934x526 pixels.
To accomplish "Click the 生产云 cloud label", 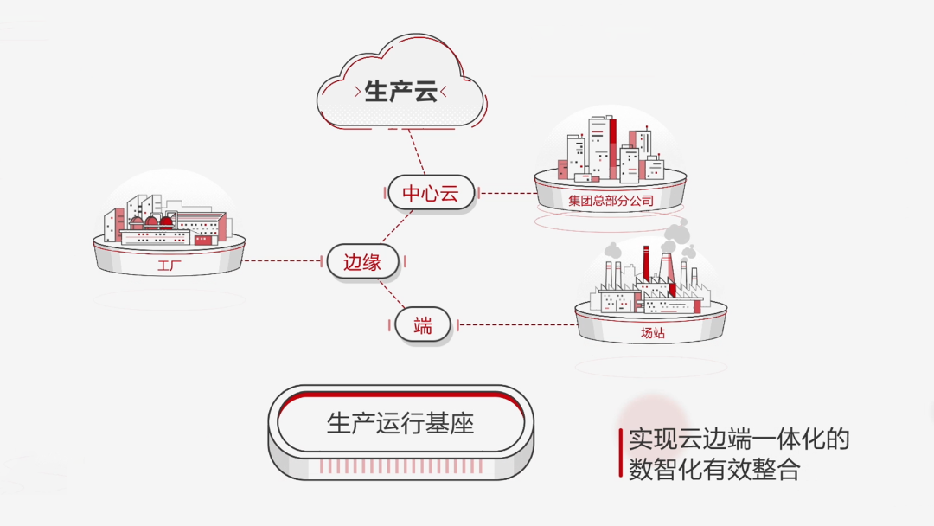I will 400,92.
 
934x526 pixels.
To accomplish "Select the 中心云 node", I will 430,193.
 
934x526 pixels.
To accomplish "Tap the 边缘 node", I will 362,261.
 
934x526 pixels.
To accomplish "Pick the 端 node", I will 422,326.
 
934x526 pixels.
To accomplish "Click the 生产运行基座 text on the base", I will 400,423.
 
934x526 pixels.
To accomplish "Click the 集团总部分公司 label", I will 611,202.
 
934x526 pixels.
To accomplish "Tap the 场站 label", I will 652,332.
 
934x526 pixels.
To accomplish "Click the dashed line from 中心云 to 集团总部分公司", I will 505,193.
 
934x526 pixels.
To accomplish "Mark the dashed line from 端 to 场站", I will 515,326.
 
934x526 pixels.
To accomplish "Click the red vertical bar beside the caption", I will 620,453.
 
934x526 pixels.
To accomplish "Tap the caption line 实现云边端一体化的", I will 739,439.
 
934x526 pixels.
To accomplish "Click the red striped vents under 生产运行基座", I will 400,466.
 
